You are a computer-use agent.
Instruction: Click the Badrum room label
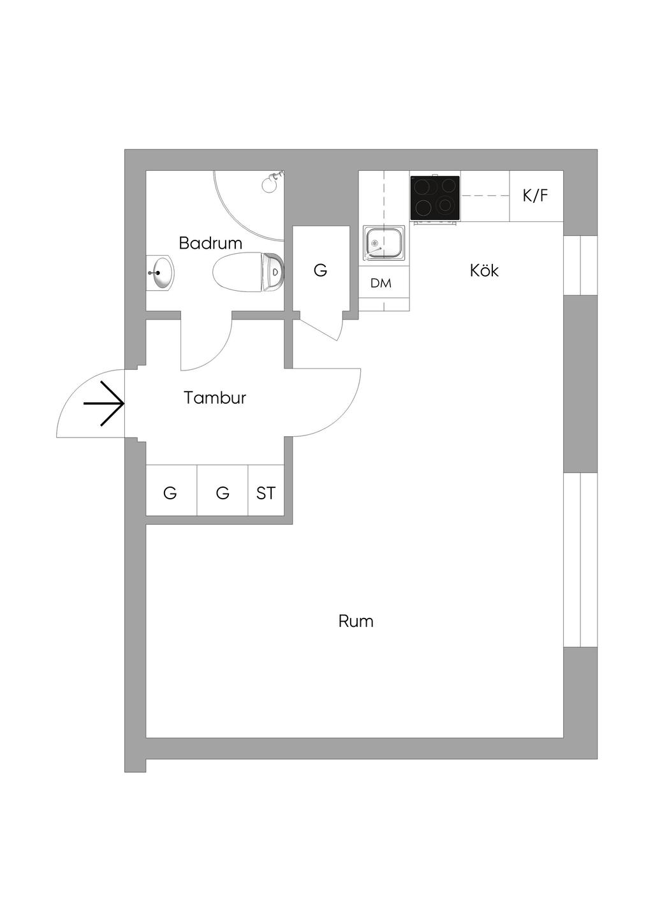coord(210,243)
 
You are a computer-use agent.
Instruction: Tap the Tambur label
coord(215,398)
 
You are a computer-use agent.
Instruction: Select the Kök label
coord(484,270)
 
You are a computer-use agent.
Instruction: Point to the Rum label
coord(356,621)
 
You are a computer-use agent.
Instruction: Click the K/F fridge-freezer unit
coord(536,196)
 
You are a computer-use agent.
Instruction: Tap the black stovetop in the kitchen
coord(435,198)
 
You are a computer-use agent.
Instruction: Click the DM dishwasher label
coord(381,283)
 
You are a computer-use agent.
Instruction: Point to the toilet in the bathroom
coord(249,272)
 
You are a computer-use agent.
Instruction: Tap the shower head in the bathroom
coord(270,183)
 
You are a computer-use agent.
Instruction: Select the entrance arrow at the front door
coord(104,403)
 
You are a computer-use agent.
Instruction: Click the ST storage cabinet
coord(266,493)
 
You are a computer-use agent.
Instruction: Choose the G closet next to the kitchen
coord(321,270)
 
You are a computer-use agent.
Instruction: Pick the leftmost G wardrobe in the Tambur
coord(170,493)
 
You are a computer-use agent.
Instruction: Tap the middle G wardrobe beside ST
coord(223,493)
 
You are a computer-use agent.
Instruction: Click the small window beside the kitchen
coord(581,265)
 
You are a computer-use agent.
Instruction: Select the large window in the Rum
coord(581,560)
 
